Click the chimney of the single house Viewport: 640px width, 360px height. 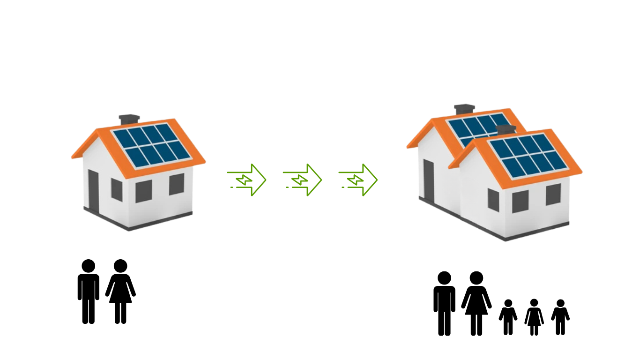pos(129,119)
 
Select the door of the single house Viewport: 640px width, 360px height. pos(93,190)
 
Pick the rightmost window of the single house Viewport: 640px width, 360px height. pos(177,184)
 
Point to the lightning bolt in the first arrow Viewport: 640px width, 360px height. pos(245,180)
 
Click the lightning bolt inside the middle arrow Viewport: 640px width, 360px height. pos(300,180)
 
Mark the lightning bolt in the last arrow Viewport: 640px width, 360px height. pos(356,180)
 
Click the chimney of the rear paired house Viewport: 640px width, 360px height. pos(464,109)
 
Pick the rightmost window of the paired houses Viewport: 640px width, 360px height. pos(553,195)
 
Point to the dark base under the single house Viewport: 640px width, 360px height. pos(136,223)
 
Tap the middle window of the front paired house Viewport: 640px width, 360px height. pos(520,202)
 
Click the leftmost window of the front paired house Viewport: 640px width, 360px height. pos(493,199)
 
